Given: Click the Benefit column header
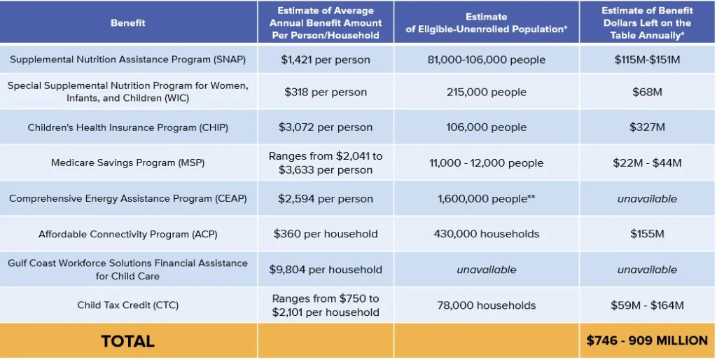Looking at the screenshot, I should (128, 23).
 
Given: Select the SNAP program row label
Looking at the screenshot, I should (128, 60).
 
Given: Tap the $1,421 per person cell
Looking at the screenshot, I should (326, 60).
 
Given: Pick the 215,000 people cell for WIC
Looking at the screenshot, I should (486, 92).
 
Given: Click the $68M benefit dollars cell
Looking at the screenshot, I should (647, 92).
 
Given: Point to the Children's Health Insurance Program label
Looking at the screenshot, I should (128, 127).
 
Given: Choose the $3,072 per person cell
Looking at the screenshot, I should (326, 127).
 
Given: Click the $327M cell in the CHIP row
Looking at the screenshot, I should (647, 127).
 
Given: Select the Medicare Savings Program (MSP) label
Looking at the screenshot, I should (128, 162).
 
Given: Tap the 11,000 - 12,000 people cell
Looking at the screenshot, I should (486, 162).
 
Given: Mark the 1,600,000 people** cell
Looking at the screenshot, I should (486, 199).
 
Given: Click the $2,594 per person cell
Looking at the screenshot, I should (326, 199).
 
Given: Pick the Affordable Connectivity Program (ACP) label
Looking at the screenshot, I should (128, 234).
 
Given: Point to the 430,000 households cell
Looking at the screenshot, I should (486, 234).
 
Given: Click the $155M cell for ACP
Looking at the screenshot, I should (647, 234).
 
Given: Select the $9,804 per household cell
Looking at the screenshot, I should (326, 270).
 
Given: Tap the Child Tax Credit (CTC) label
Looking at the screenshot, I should (128, 305).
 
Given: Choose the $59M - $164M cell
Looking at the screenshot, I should (647, 305).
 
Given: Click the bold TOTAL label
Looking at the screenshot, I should (128, 341).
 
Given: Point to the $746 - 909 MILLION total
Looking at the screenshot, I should (647, 341).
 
